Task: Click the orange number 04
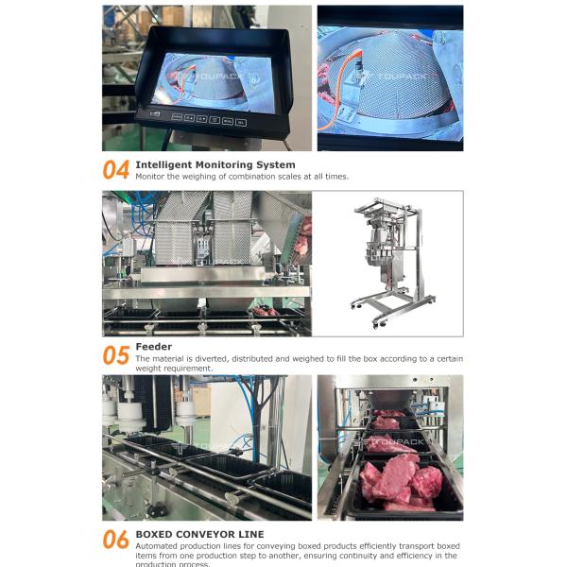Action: (115, 170)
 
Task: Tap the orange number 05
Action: (115, 355)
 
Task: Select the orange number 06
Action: (115, 540)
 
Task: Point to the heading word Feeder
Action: (154, 347)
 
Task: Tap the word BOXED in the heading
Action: (155, 534)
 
